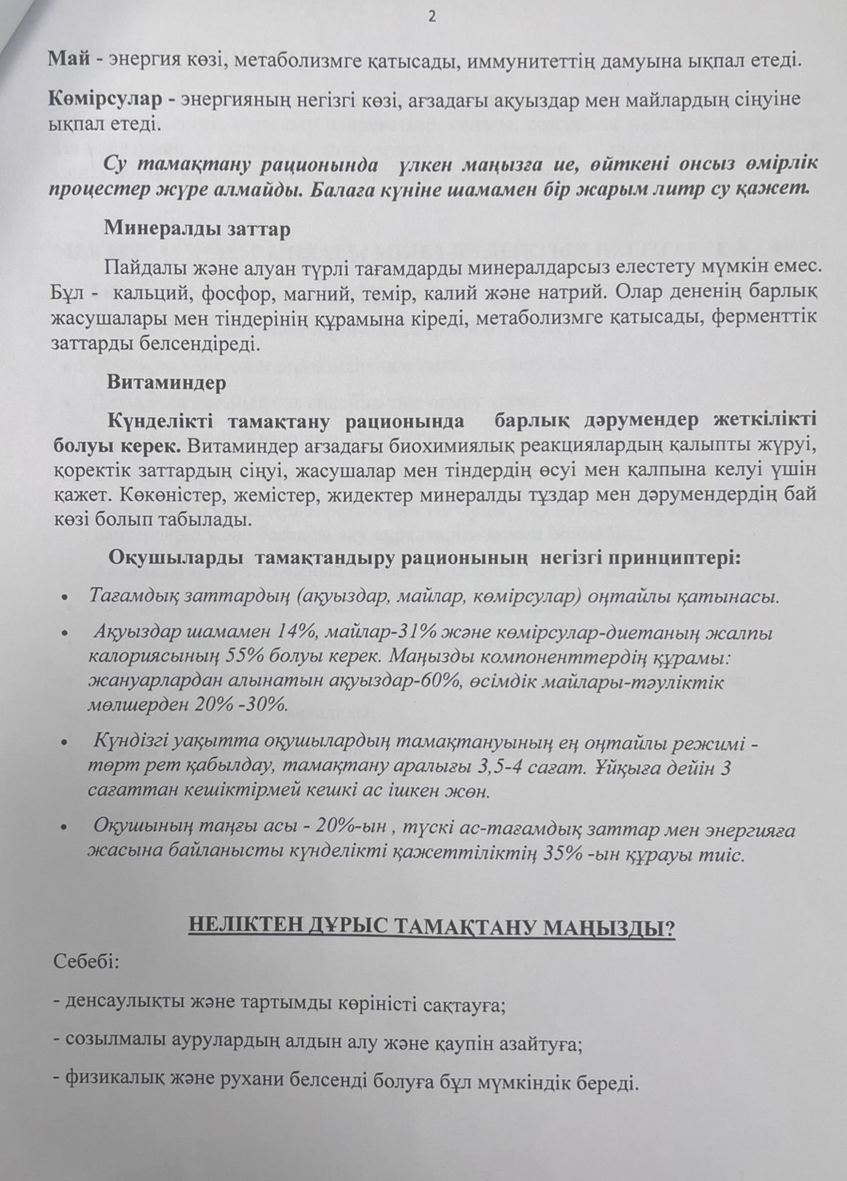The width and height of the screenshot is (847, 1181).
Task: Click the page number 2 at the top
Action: pos(432,19)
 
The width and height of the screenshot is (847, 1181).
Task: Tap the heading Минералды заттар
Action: pos(198,228)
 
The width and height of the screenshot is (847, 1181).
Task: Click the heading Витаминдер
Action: pos(166,382)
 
